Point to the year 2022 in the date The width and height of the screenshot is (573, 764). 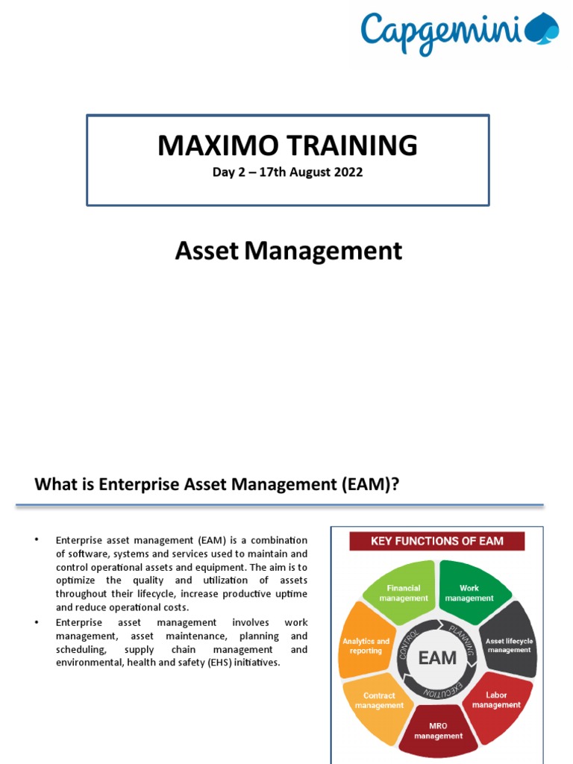[x=348, y=172]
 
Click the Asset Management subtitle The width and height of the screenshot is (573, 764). [x=288, y=251]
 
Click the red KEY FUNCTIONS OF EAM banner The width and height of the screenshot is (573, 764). [x=436, y=541]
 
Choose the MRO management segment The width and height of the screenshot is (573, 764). [x=438, y=729]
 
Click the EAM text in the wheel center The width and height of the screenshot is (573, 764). [x=437, y=657]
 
